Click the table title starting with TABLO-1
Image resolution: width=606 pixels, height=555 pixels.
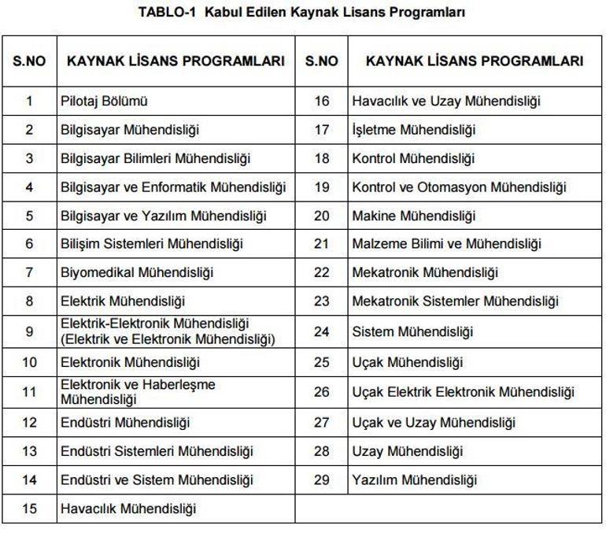tap(301, 13)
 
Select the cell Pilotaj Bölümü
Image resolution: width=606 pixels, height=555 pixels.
tap(105, 101)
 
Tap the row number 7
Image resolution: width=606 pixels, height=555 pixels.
tap(29, 272)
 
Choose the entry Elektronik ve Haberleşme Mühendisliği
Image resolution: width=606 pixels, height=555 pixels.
tap(139, 392)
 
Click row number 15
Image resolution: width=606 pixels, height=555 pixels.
tap(29, 509)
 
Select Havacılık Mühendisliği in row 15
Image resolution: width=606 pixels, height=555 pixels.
tap(128, 509)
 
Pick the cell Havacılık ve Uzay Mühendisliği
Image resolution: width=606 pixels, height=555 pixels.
tap(446, 101)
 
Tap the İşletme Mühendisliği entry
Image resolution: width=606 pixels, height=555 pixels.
tap(414, 129)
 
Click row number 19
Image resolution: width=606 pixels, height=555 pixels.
tap(321, 187)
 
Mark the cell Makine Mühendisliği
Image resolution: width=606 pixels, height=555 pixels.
tap(414, 216)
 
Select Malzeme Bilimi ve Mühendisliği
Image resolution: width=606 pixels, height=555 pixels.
tap(447, 244)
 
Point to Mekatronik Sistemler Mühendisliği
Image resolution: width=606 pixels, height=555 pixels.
tap(456, 301)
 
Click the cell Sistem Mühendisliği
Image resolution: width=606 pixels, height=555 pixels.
tap(413, 331)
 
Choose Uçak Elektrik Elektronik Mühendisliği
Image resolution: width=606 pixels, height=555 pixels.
tap(464, 391)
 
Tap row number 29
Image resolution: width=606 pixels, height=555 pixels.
tap(321, 479)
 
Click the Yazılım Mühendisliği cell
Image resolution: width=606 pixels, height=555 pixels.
tap(415, 479)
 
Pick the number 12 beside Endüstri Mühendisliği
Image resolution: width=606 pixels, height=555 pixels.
tap(29, 423)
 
